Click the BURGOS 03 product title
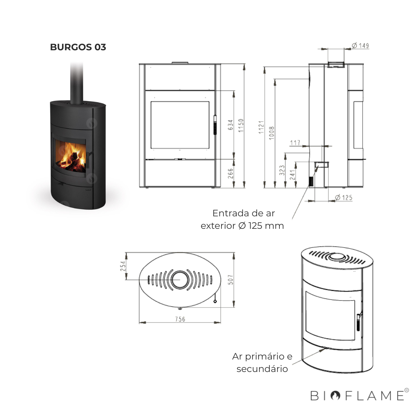78,47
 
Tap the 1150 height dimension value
241,125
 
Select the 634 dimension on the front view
231,125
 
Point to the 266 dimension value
231,173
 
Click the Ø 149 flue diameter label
360,46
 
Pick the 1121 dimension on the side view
261,127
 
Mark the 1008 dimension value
272,133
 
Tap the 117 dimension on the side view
295,142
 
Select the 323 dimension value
282,170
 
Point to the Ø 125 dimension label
344,198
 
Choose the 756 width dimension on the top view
180,319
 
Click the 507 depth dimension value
231,280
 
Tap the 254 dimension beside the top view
123,266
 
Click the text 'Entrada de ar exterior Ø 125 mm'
242,219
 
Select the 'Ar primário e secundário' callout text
262,362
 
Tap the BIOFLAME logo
357,396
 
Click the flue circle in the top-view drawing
180,279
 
